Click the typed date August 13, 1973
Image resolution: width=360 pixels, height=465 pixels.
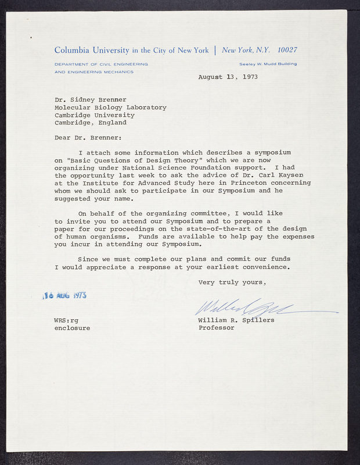228,77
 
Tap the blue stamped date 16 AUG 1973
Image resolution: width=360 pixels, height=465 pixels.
66,295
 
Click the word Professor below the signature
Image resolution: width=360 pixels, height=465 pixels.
217,328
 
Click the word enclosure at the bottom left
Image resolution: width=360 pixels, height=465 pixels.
72,328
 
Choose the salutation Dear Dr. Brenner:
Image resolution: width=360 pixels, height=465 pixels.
89,138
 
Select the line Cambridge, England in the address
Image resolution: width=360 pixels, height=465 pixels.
90,123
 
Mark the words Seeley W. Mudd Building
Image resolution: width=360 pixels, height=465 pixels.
268,64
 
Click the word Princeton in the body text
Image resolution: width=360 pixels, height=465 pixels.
246,183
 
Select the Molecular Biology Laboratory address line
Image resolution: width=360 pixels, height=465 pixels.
110,108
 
